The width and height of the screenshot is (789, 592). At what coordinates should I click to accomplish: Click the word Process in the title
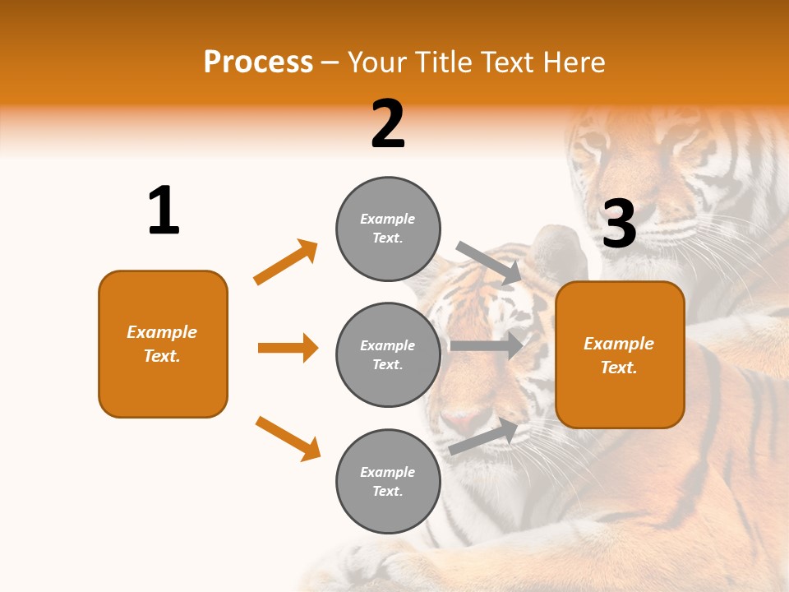click(258, 62)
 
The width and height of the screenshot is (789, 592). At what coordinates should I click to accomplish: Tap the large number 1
click(164, 210)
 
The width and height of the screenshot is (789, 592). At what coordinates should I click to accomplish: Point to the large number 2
click(388, 124)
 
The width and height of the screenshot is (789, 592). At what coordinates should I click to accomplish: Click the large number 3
click(619, 224)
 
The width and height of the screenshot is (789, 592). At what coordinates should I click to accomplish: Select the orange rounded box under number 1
click(163, 344)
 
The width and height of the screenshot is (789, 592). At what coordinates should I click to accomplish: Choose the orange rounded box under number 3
click(620, 354)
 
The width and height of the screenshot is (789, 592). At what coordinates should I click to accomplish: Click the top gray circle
click(388, 229)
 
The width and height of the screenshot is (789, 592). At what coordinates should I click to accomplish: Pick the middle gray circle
click(388, 354)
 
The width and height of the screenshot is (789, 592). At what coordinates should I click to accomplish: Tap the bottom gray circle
click(388, 481)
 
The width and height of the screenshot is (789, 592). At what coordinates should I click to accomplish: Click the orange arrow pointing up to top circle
click(285, 262)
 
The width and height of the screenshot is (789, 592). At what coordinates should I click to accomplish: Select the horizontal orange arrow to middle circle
click(288, 348)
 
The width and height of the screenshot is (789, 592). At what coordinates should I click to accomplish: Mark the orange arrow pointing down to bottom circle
click(288, 438)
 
